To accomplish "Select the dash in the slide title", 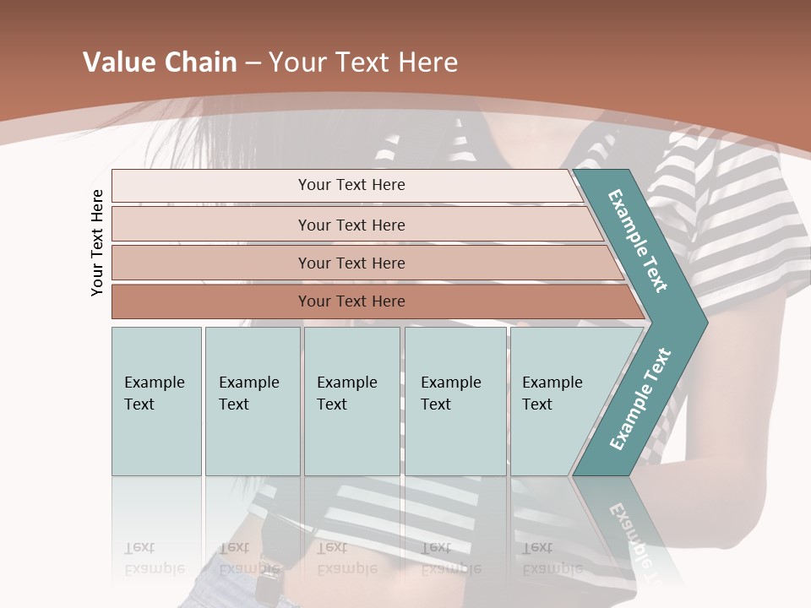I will (x=253, y=63).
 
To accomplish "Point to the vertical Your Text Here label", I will (x=97, y=242).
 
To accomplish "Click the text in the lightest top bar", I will (x=351, y=185).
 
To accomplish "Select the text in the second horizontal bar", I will (x=351, y=225).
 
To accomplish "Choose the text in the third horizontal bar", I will (x=351, y=263).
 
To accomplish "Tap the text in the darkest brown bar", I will (x=351, y=301).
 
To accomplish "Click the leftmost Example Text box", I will (x=155, y=394).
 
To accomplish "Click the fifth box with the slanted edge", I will (x=553, y=394).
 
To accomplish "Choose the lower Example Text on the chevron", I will (x=640, y=399).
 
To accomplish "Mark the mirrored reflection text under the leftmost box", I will (x=155, y=558).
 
